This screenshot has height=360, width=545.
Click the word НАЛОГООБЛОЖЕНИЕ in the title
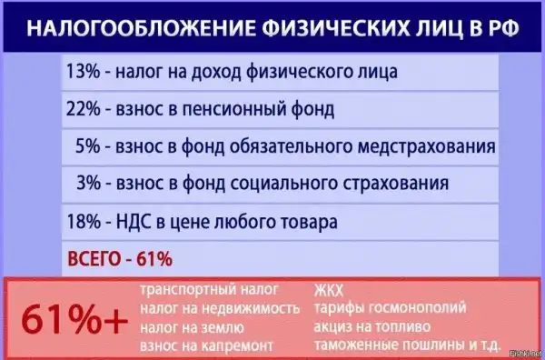[x=140, y=28]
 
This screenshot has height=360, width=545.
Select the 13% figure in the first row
[x=83, y=72]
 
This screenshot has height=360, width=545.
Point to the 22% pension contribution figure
[x=83, y=110]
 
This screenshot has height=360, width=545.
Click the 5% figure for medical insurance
[x=87, y=146]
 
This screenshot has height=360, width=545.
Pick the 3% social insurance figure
[x=88, y=184]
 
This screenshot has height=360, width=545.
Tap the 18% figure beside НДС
[x=84, y=222]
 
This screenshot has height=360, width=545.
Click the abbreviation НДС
[x=134, y=222]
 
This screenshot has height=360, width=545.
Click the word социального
[x=283, y=184]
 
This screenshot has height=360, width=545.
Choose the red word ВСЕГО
[x=94, y=259]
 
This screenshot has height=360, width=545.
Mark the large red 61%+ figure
[x=74, y=319]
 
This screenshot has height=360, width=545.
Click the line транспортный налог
[x=209, y=290]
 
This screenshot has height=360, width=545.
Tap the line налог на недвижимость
[x=220, y=308]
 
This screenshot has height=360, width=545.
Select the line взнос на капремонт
[x=206, y=346]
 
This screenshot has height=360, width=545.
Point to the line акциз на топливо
[x=372, y=327]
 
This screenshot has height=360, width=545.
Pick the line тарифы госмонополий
[x=390, y=309]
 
